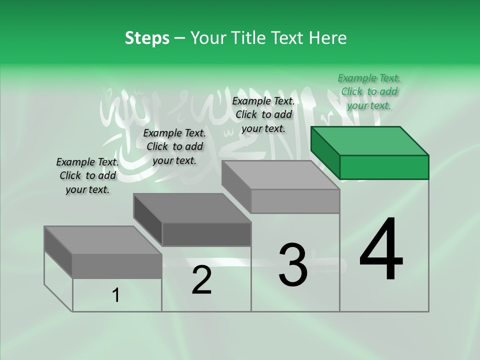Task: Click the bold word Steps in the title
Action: click(147, 38)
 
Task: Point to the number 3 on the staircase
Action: click(293, 265)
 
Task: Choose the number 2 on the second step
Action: click(201, 280)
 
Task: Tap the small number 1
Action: click(115, 295)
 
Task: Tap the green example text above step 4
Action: click(369, 91)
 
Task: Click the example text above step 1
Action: click(87, 175)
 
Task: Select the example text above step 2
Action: click(174, 146)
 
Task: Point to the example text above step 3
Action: click(263, 114)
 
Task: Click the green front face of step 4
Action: click(384, 167)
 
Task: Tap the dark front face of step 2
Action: click(206, 234)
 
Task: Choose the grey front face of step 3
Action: click(295, 201)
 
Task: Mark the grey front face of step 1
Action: click(117, 266)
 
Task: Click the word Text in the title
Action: click(288, 38)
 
